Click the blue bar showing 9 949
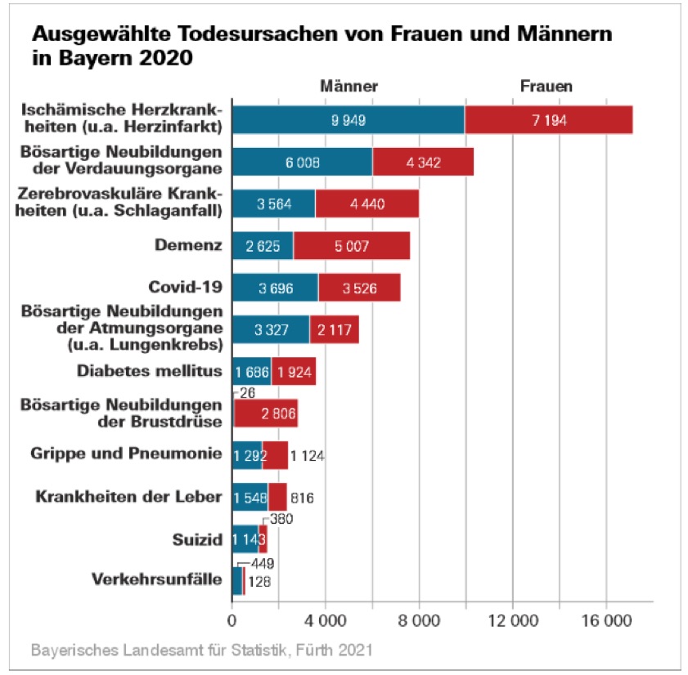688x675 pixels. pyautogui.click(x=348, y=120)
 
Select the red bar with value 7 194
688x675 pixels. pyautogui.click(x=548, y=120)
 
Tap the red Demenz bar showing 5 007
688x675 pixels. pyautogui.click(x=352, y=245)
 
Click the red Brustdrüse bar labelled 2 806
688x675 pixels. pyautogui.click(x=266, y=413)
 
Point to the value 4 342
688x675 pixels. pyautogui.click(x=423, y=162)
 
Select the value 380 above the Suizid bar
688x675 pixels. pyautogui.click(x=281, y=519)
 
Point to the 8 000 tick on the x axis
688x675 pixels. pyautogui.click(x=419, y=622)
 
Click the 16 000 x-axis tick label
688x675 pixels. pyautogui.click(x=606, y=622)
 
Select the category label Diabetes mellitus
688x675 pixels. pyautogui.click(x=150, y=370)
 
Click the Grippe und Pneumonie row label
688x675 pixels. pyautogui.click(x=126, y=454)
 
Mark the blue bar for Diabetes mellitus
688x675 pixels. pyautogui.click(x=252, y=371)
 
